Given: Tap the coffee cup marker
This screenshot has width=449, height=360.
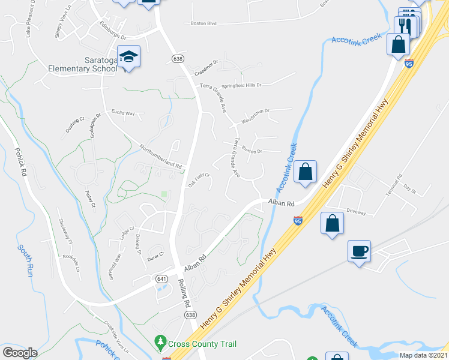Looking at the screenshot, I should coord(360,251).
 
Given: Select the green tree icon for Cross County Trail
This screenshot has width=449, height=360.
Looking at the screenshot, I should coord(160,343).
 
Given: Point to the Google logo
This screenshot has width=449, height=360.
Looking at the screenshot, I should coord(20,353).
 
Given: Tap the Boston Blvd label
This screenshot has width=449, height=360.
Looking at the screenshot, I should coord(203,24).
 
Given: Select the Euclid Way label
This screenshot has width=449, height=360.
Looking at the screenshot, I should coord(123,112).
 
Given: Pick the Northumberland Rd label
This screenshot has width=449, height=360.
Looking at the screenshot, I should coord(160,156).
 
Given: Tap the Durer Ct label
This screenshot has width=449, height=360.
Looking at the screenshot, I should coord(155,256).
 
